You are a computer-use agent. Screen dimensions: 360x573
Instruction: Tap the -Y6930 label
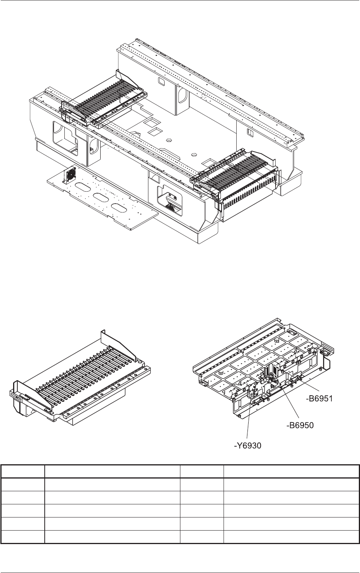[x=248, y=446]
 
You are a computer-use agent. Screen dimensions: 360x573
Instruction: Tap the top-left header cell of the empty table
[x=22, y=471]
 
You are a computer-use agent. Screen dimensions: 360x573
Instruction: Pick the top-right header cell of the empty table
[x=291, y=471]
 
